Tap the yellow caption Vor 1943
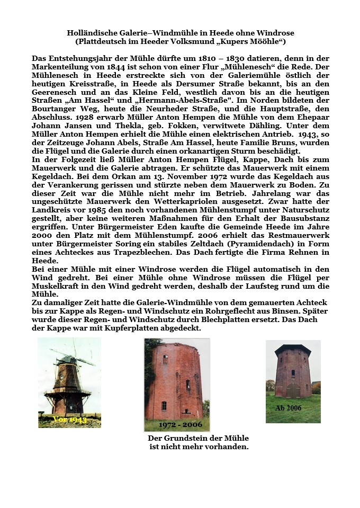70,420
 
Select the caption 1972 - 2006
177,425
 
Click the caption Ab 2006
289,408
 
